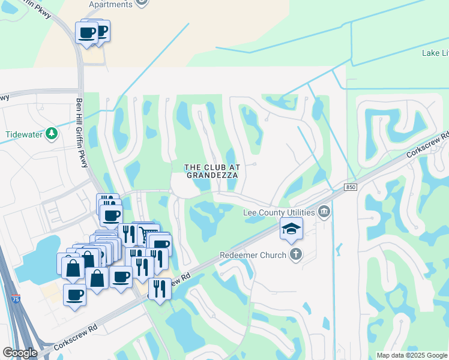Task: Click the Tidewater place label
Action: click(25, 134)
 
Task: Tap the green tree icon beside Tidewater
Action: click(52, 133)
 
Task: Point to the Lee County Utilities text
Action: click(279, 212)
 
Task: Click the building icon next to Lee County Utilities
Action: click(324, 211)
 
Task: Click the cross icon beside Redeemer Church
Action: click(295, 255)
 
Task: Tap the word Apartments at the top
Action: click(110, 4)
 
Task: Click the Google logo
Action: click(20, 353)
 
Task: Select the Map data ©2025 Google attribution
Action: click(412, 355)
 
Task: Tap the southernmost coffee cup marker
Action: click(74, 295)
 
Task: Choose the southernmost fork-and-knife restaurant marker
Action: click(160, 289)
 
